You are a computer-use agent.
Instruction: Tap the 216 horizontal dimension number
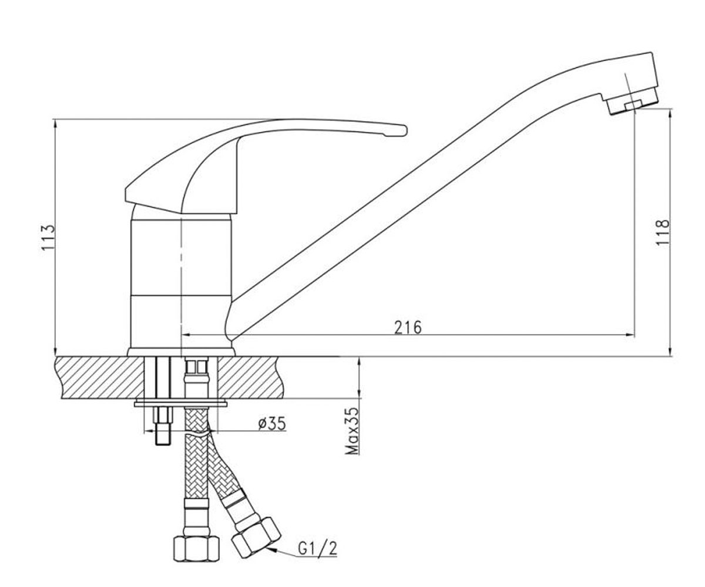[408, 327]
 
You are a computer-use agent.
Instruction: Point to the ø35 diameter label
[272, 423]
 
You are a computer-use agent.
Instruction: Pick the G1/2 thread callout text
[318, 549]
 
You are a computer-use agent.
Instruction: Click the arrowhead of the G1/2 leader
[271, 550]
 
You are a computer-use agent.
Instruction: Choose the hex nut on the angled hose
[256, 542]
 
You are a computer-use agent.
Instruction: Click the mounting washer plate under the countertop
[180, 403]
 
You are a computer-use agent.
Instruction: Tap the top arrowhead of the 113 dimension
[55, 123]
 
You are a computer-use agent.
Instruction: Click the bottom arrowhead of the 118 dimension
[670, 352]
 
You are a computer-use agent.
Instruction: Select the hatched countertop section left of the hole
[100, 377]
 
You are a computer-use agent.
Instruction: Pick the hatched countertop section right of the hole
[250, 377]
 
